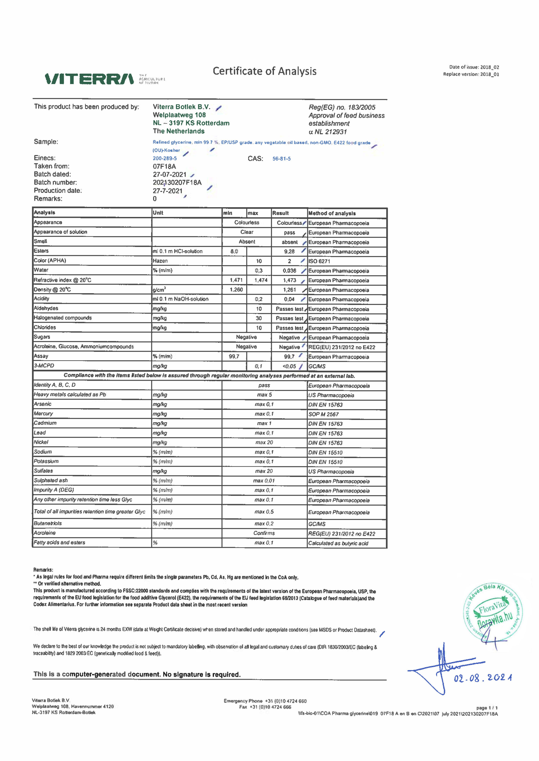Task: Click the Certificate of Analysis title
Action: click(x=265, y=71)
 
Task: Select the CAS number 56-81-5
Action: click(x=282, y=159)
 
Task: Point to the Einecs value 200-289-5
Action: click(x=165, y=158)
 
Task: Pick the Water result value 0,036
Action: click(x=289, y=271)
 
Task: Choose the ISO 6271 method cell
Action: click(x=319, y=261)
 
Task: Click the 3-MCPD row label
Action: click(x=44, y=366)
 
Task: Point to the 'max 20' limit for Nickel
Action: click(x=264, y=443)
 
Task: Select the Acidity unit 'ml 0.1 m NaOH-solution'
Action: click(x=181, y=299)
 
